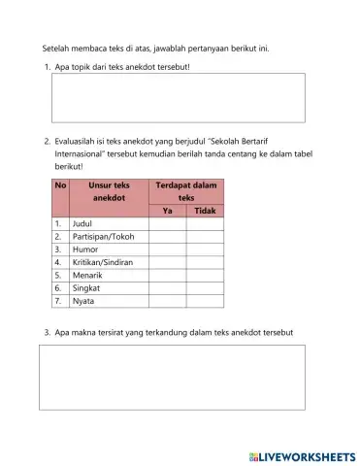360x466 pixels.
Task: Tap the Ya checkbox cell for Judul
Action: pyautogui.click(x=167, y=222)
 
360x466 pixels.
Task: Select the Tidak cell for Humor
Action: pyautogui.click(x=205, y=249)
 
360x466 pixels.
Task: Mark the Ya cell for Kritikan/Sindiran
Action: pyautogui.click(x=167, y=262)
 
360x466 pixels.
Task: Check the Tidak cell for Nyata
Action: pyautogui.click(x=205, y=301)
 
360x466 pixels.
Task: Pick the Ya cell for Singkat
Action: pyautogui.click(x=167, y=288)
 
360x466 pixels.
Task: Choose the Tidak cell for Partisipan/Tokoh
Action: pyautogui.click(x=205, y=236)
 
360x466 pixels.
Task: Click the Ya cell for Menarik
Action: pyautogui.click(x=167, y=275)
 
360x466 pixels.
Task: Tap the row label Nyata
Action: pyautogui.click(x=84, y=301)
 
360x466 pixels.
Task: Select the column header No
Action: pyautogui.click(x=60, y=184)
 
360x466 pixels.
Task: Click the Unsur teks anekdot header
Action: pyautogui.click(x=108, y=190)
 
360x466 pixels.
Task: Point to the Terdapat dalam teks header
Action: pyautogui.click(x=185, y=190)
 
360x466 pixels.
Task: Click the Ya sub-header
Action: pyautogui.click(x=167, y=210)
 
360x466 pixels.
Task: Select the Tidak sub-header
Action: pyautogui.click(x=205, y=210)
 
